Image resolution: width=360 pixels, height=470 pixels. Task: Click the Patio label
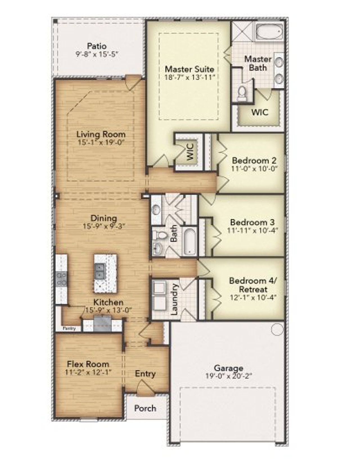coord(96,46)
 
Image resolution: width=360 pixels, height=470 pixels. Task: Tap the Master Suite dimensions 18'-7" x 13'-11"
coord(190,77)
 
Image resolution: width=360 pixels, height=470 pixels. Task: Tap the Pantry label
coord(69,328)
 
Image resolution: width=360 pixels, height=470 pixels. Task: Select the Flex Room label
coord(88,364)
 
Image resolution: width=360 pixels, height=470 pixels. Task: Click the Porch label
coord(145,408)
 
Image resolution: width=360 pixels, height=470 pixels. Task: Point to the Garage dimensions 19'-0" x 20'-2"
coord(228,376)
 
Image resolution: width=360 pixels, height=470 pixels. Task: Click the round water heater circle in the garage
coord(277,329)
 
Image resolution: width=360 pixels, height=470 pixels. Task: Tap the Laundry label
coord(175,299)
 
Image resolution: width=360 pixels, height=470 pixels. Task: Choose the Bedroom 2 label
coord(254,161)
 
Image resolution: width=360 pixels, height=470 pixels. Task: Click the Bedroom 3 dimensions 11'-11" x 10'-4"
coord(252,230)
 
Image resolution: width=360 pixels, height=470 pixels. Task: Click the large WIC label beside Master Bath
coord(259,112)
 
